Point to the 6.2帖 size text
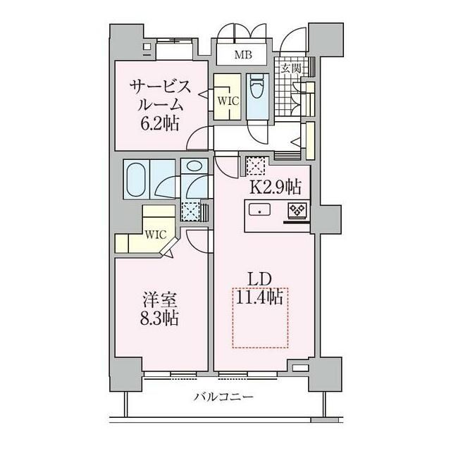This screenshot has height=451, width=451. point(160,124)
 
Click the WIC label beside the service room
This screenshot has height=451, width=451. point(228,101)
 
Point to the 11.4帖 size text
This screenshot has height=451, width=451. point(259,297)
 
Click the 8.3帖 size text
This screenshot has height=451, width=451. point(160,318)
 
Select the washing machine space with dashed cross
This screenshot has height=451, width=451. point(190,211)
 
